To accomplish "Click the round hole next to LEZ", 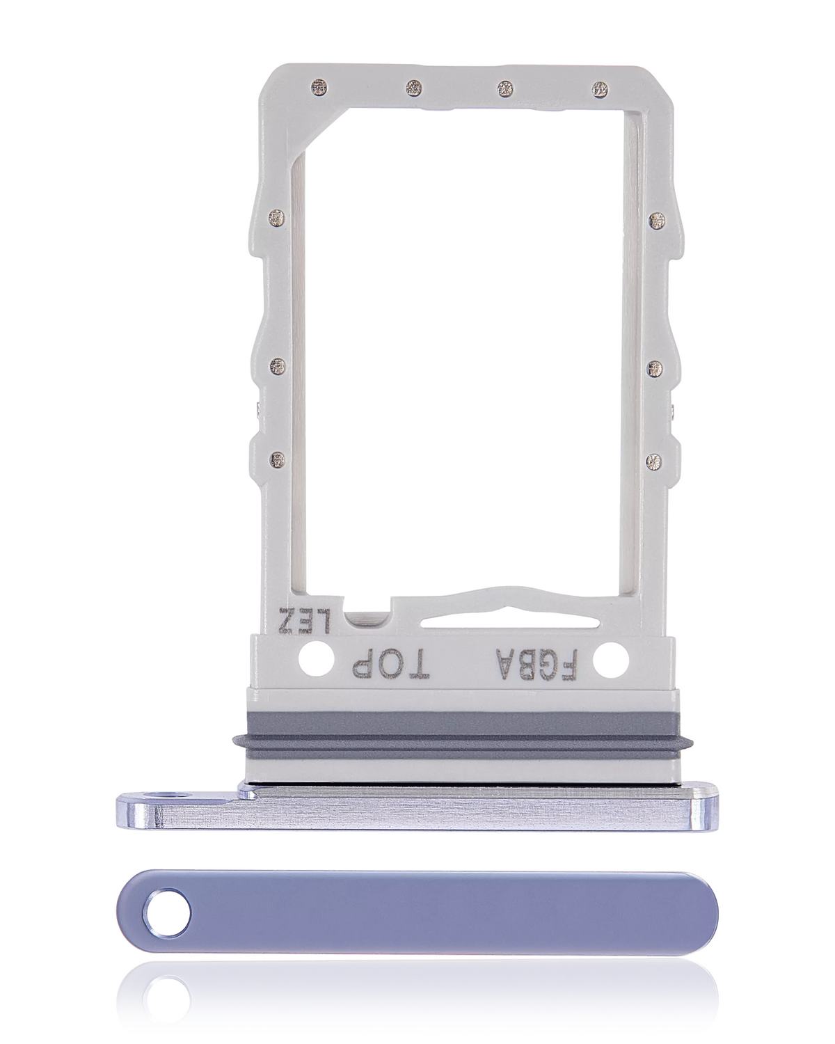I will tap(308, 657).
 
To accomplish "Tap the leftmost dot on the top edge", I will tap(321, 88).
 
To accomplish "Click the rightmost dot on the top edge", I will tap(600, 88).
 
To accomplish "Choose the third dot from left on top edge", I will tap(506, 88).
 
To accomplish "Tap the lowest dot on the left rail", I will tap(278, 459).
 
